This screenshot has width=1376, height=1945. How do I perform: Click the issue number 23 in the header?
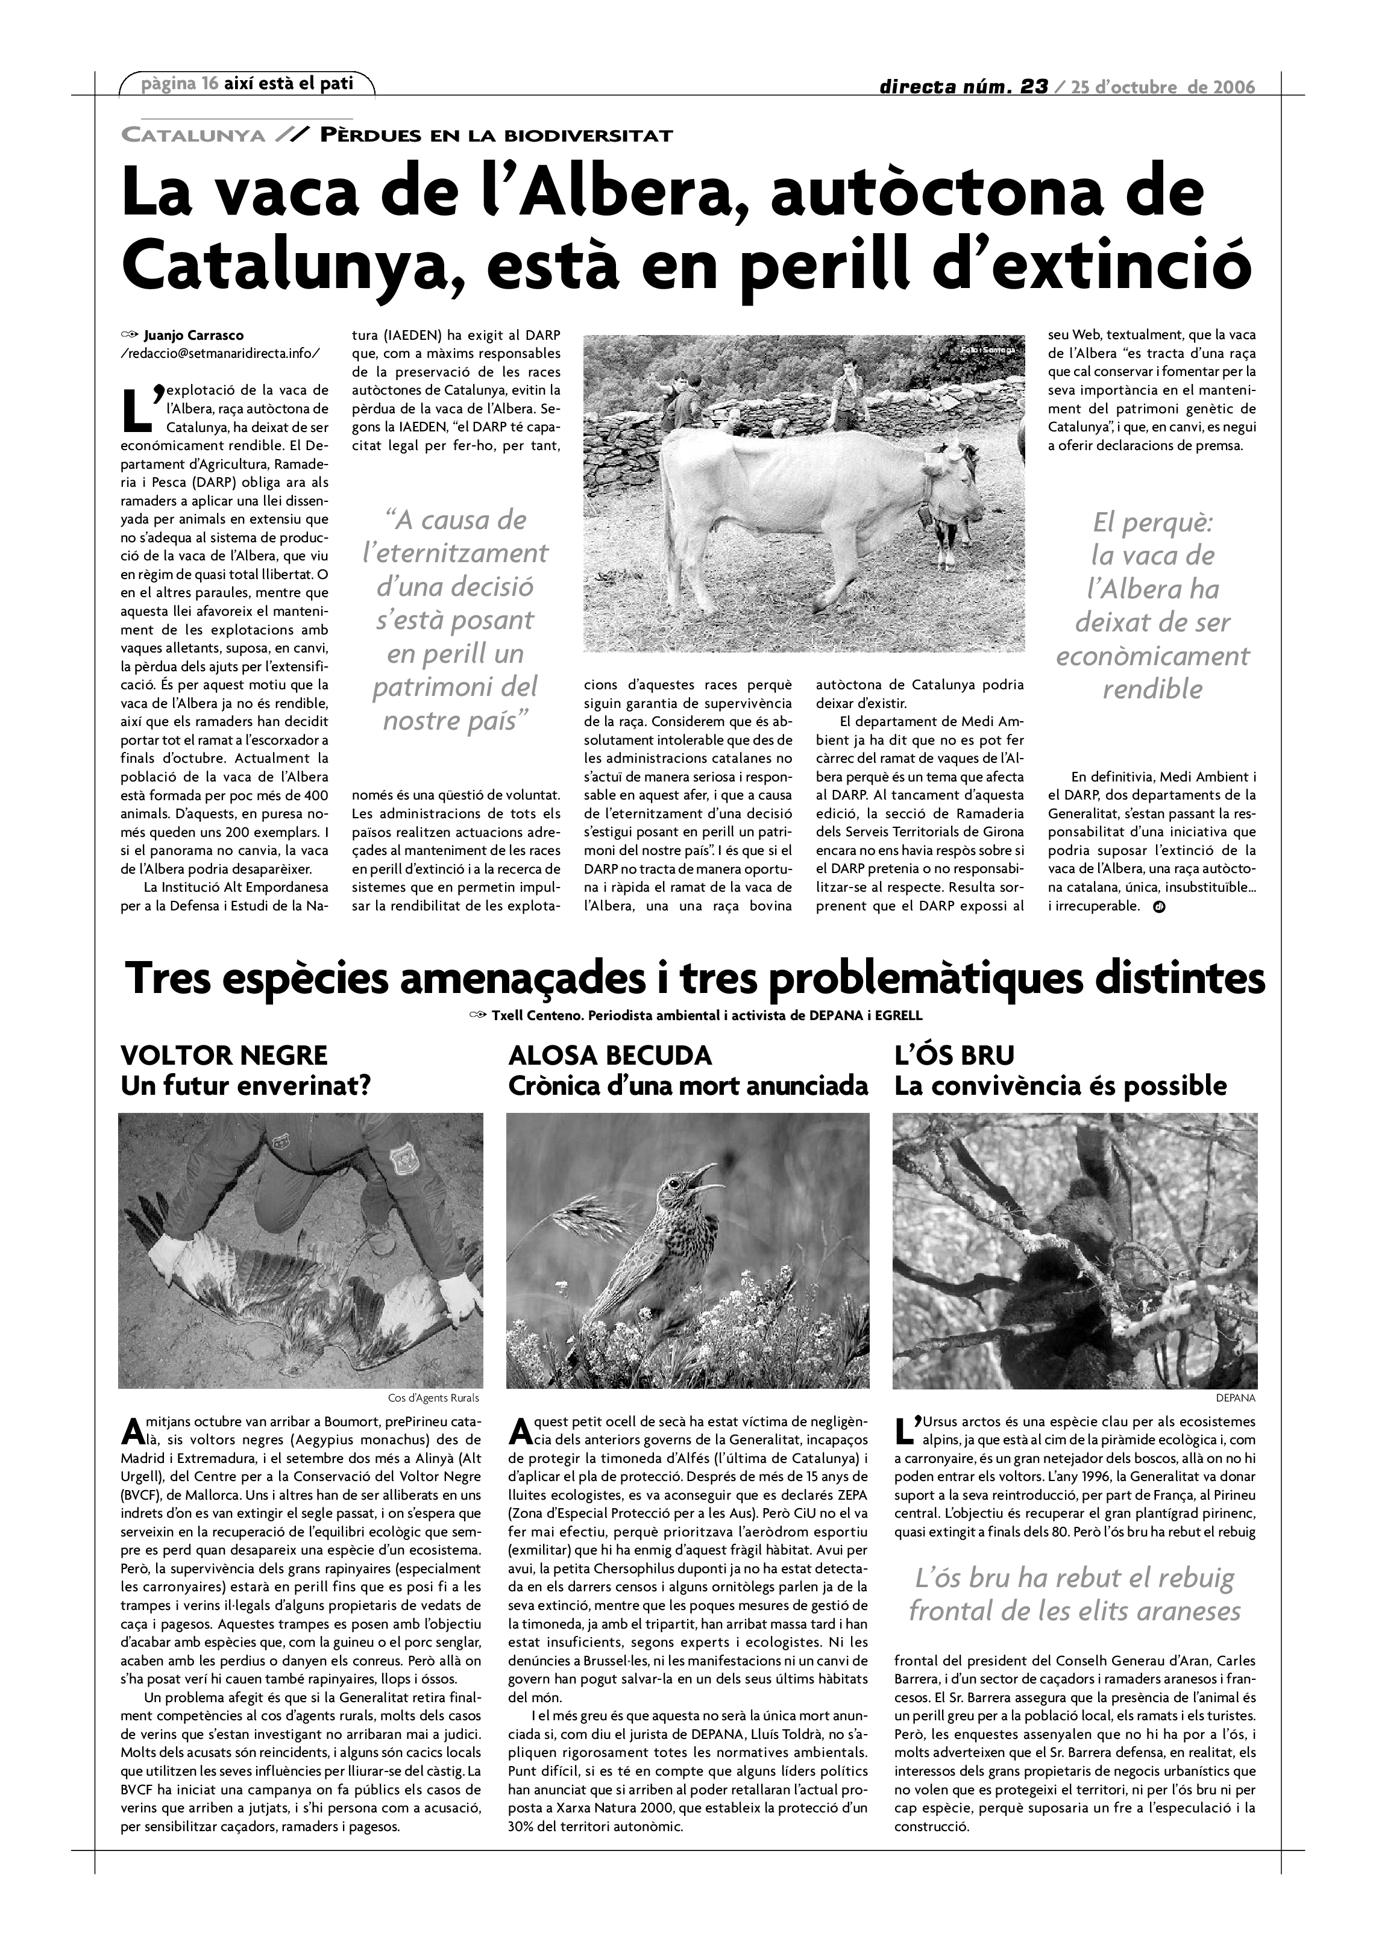(1034, 86)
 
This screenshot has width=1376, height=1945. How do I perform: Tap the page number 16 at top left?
(210, 83)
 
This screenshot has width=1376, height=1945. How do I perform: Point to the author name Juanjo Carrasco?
(193, 336)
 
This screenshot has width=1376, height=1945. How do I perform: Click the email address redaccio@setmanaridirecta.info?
(221, 353)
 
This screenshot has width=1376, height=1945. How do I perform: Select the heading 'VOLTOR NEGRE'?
(224, 1056)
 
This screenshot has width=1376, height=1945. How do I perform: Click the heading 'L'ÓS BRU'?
(954, 1056)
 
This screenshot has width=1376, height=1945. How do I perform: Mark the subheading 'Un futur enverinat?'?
(246, 1086)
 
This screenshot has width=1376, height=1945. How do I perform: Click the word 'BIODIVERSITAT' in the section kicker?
(588, 136)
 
